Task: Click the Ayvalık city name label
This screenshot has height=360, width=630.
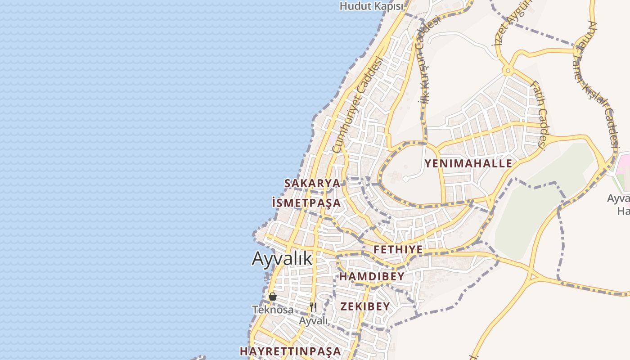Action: [x=282, y=259]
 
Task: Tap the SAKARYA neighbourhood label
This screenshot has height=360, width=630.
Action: [x=312, y=183]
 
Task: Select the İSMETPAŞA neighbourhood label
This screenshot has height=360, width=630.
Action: [x=306, y=203]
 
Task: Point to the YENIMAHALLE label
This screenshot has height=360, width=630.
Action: [x=468, y=163]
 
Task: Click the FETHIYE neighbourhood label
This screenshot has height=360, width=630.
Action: [x=398, y=250]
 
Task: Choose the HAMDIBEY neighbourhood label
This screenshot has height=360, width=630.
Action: [x=372, y=276]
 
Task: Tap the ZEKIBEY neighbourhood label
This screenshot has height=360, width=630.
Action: [x=365, y=306]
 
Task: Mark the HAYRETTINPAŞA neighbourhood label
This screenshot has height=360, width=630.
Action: [x=290, y=351]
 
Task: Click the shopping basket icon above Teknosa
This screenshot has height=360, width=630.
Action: [x=272, y=297]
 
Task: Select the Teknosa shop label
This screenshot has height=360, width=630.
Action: [x=273, y=310]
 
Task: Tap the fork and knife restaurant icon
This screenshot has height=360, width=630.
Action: [x=313, y=307]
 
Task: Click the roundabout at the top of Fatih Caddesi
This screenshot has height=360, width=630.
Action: [x=508, y=70]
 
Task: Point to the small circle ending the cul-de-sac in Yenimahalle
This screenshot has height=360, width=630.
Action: [x=405, y=179]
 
